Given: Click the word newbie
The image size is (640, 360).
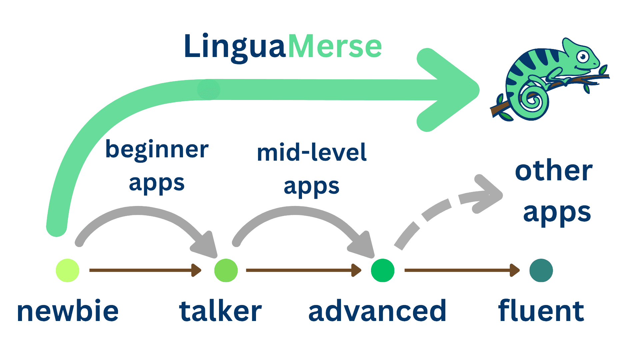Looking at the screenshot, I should pyautogui.click(x=68, y=311).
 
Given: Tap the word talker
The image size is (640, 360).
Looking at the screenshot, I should pyautogui.click(x=220, y=311).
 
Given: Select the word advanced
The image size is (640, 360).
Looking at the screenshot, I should pyautogui.click(x=377, y=311).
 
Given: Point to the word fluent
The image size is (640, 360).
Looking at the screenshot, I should pyautogui.click(x=541, y=311).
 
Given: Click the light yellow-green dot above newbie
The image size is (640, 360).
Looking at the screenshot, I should pyautogui.click(x=67, y=270).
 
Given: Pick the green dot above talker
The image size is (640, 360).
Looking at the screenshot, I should pyautogui.click(x=226, y=270).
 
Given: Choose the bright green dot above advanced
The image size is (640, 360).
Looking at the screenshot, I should pyautogui.click(x=383, y=270).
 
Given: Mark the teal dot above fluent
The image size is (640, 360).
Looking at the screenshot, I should pyautogui.click(x=541, y=270).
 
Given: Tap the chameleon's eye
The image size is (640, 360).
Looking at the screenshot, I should pyautogui.click(x=583, y=57).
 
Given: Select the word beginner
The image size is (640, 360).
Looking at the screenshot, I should pyautogui.click(x=157, y=150).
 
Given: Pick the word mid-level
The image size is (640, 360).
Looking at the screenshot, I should pyautogui.click(x=312, y=153).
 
